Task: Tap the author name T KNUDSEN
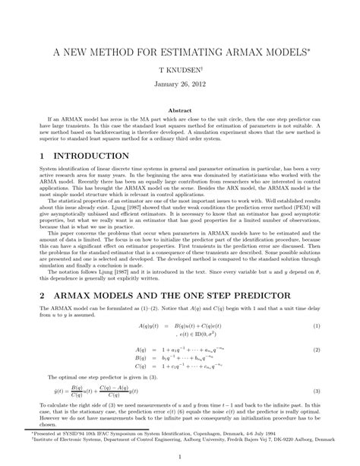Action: coord(179,68)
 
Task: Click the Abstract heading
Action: coord(180,109)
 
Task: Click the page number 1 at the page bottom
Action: coord(180,456)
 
